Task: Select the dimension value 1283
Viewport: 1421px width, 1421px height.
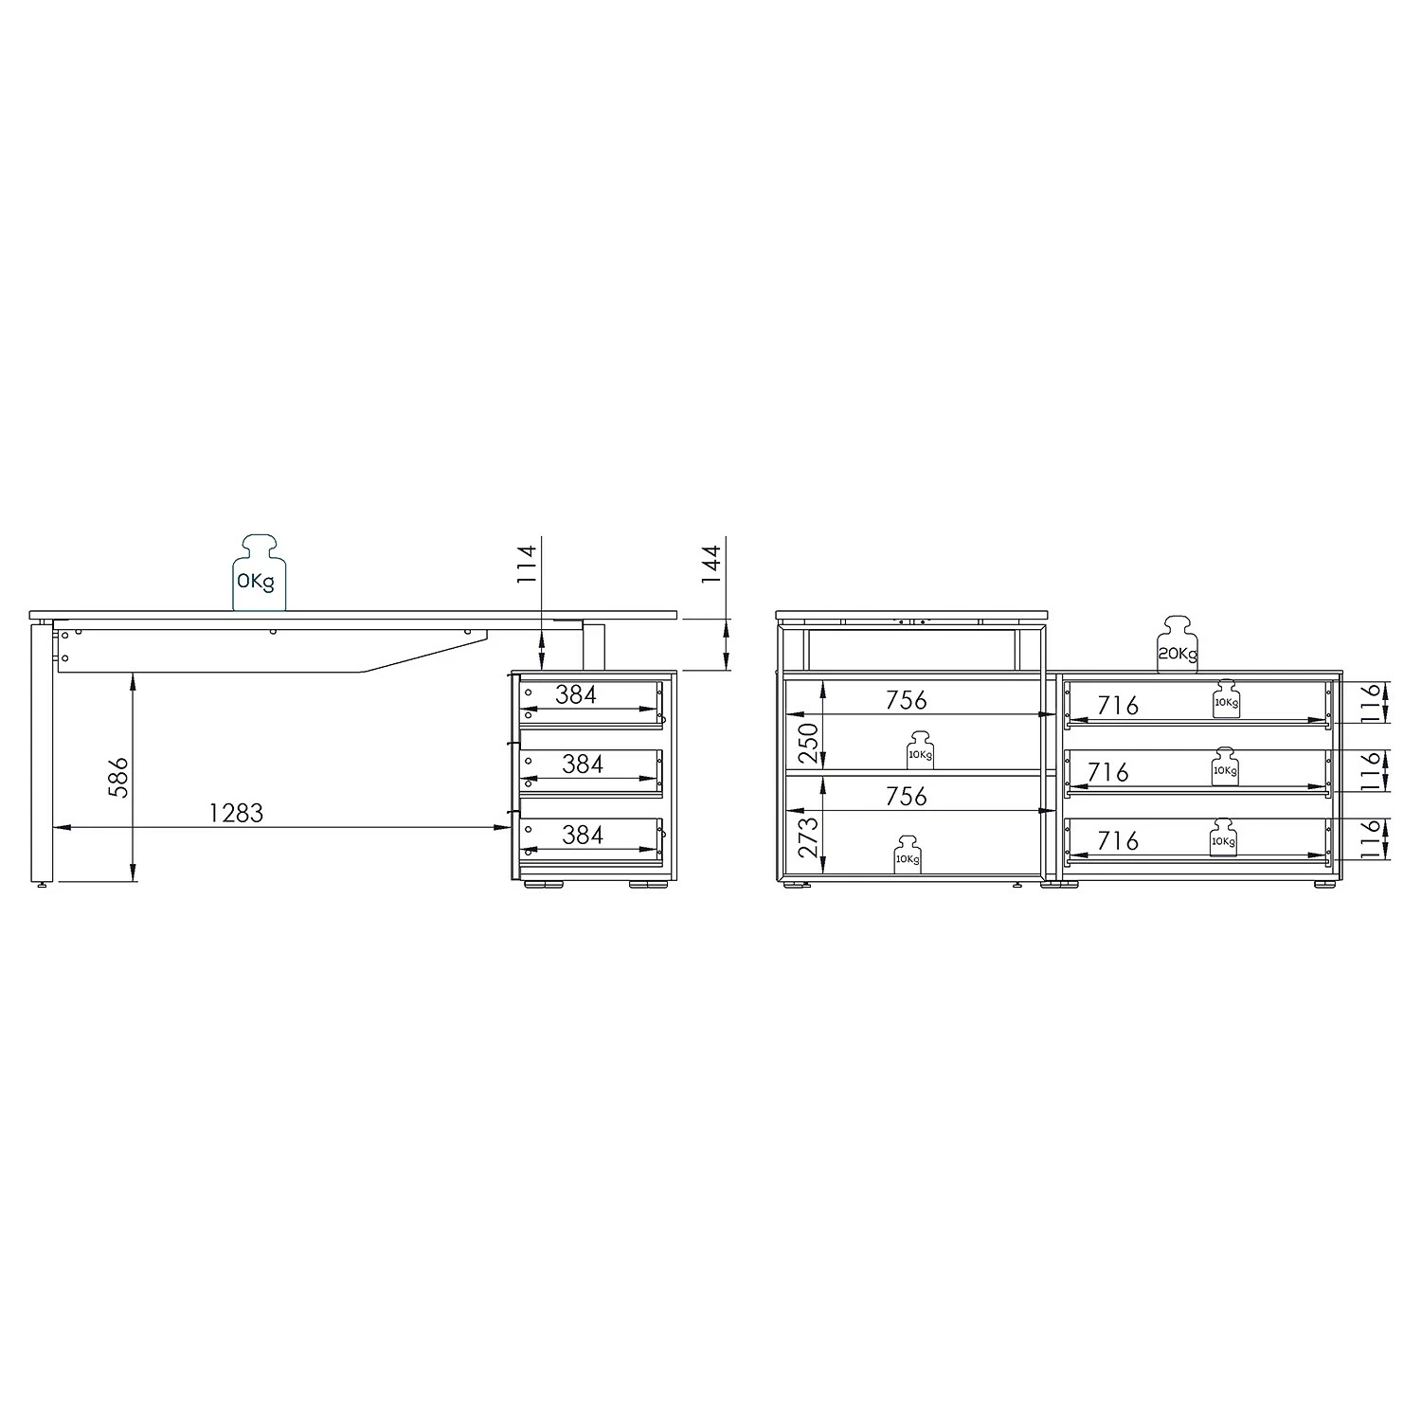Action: point(236,813)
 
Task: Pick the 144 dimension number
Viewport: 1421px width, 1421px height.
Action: point(711,563)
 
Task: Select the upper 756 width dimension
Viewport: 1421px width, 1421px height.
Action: point(906,700)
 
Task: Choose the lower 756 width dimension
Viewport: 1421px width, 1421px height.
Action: point(906,797)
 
